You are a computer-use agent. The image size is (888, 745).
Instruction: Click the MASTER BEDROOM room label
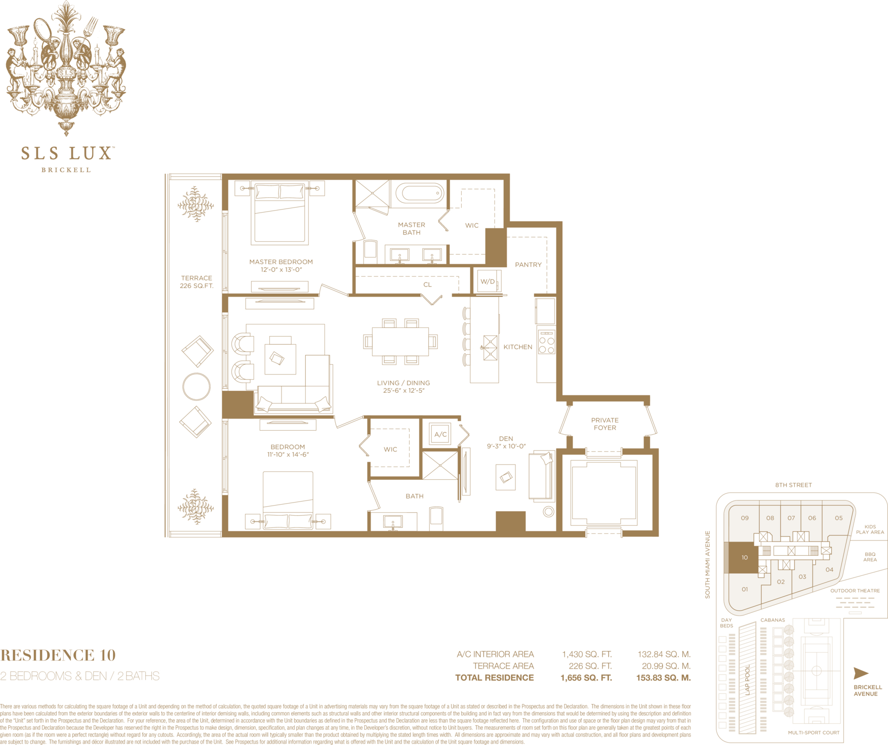[281, 262]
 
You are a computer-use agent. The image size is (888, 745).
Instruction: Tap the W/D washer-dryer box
[488, 281]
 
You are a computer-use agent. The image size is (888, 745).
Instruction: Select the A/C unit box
[440, 434]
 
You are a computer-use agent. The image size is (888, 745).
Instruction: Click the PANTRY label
[528, 265]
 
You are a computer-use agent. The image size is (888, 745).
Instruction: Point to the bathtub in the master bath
[420, 193]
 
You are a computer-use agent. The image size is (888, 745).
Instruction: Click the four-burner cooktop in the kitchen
[546, 342]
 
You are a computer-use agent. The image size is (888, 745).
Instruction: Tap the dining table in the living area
[400, 342]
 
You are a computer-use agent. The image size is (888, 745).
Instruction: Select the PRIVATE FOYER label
[605, 424]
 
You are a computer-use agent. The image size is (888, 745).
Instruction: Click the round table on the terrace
[196, 387]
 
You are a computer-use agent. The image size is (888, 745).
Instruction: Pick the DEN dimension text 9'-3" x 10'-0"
[506, 446]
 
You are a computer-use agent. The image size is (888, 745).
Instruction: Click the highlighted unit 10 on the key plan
[743, 558]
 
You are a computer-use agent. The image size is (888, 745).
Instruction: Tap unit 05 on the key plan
[839, 518]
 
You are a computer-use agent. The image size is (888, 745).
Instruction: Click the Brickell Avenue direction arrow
[861, 673]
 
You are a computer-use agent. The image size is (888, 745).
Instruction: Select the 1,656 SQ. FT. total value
[586, 678]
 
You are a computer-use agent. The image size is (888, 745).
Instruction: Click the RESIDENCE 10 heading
[58, 655]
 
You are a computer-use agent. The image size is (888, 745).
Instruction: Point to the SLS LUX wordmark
[66, 153]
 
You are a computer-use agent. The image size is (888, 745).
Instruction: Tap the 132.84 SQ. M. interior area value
[664, 654]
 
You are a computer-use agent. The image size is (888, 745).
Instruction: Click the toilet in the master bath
[370, 250]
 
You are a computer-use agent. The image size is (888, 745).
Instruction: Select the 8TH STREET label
[793, 485]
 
